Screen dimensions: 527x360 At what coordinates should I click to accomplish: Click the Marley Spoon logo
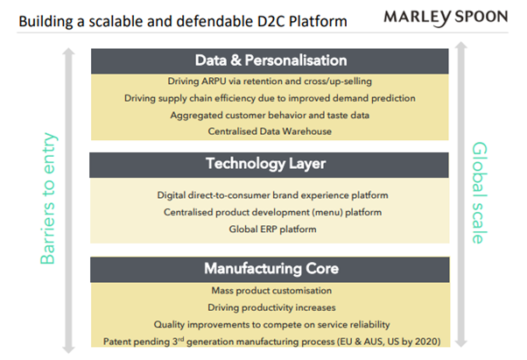coord(446,18)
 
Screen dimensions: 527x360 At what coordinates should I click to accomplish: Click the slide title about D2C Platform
coord(183,22)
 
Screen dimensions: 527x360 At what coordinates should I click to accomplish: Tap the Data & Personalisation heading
coord(271,60)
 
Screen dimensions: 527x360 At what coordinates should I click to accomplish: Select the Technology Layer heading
coord(265,164)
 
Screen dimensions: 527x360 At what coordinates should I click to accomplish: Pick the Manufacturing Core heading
coord(271,269)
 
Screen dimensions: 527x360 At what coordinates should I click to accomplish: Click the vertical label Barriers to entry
coord(48,198)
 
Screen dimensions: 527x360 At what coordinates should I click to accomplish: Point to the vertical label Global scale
coord(480,193)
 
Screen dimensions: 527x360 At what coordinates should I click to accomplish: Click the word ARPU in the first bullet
coord(214,81)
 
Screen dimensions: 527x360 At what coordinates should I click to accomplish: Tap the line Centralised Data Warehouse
coord(270,131)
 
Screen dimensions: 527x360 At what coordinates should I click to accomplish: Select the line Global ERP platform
coord(272,229)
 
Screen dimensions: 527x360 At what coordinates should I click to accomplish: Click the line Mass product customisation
coord(271,291)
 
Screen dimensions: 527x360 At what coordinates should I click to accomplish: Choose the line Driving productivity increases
coord(271,307)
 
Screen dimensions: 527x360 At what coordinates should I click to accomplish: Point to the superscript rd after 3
coord(181,339)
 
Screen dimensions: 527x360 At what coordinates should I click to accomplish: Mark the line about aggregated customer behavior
coord(270,116)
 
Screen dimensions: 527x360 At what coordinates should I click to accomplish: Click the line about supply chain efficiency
coord(270,98)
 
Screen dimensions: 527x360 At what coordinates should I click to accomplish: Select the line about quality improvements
coord(271,325)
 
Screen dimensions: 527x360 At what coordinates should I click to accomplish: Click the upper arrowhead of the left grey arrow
coord(68,52)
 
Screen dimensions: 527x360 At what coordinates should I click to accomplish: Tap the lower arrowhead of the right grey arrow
coord(461,343)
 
